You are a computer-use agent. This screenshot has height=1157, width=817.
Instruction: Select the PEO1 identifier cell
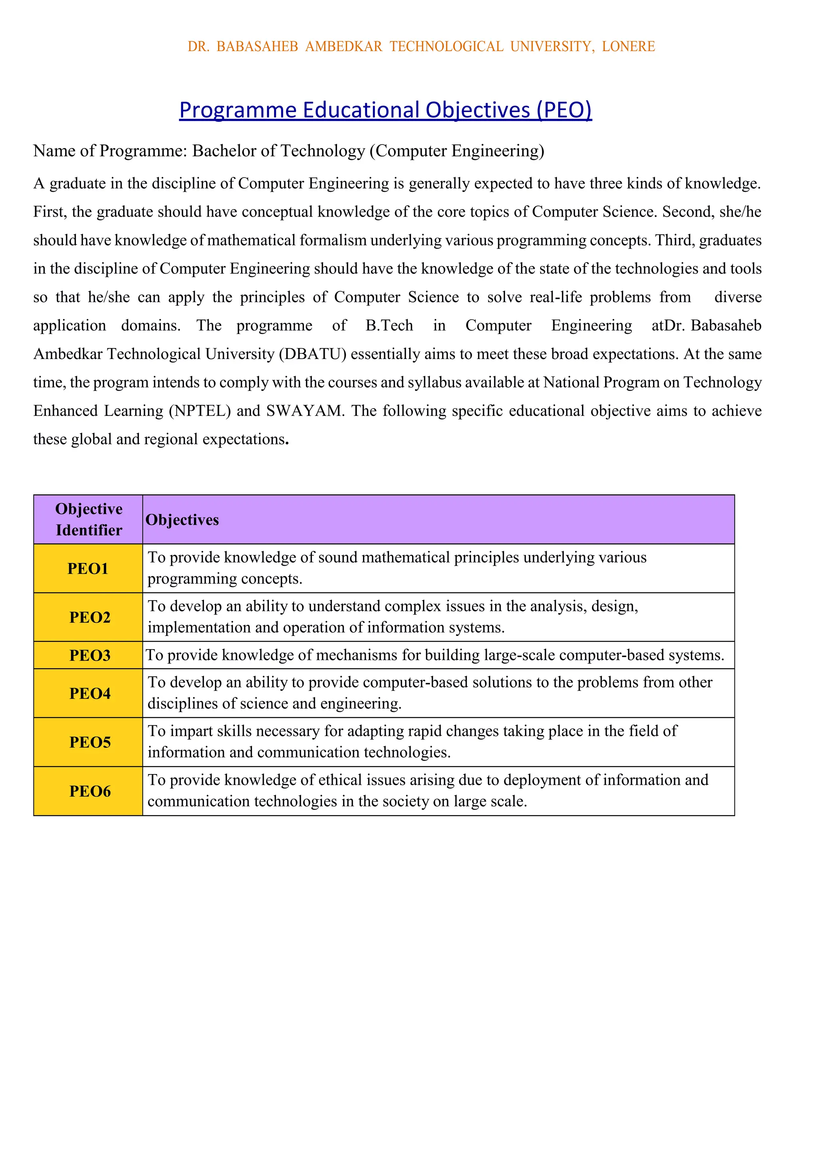(x=88, y=569)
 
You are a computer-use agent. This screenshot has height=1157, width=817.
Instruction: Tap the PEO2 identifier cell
(x=89, y=617)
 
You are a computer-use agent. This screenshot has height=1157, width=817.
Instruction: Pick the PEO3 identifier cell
(x=89, y=655)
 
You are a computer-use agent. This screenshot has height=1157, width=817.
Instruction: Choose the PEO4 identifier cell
(x=89, y=693)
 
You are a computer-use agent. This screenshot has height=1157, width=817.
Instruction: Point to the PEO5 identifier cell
(x=89, y=742)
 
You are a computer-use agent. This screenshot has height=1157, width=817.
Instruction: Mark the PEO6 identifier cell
(x=89, y=791)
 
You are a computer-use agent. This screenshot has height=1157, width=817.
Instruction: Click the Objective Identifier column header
(x=89, y=519)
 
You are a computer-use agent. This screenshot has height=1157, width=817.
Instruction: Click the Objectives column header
(x=182, y=519)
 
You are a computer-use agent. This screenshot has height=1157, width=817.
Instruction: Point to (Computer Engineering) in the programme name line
(x=457, y=151)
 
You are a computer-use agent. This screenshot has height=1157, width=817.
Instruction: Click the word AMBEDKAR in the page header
(x=344, y=46)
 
